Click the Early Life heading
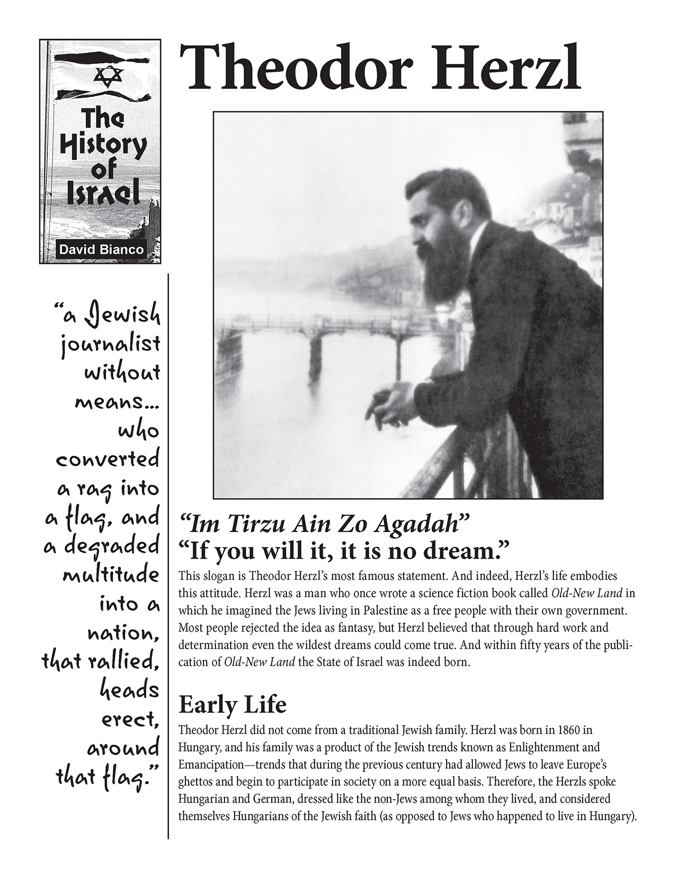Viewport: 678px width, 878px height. pyautogui.click(x=232, y=705)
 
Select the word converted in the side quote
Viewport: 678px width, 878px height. pyautogui.click(x=108, y=460)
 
